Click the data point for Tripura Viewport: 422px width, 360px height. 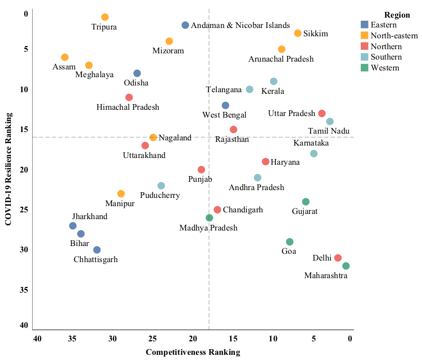click(x=105, y=17)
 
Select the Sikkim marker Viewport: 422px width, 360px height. click(x=298, y=33)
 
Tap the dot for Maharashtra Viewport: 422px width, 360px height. click(x=346, y=266)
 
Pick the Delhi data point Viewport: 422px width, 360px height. click(x=338, y=258)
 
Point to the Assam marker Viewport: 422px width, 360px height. click(x=65, y=57)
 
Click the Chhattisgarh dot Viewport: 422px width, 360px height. click(x=97, y=250)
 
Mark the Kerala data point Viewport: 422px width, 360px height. click(x=274, y=81)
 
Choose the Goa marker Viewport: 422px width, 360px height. click(x=290, y=242)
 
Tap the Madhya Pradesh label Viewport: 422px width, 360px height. click(x=208, y=228)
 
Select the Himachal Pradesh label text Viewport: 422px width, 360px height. click(x=128, y=107)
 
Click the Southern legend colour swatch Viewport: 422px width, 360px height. click(x=365, y=57)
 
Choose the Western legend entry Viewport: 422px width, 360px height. click(x=385, y=68)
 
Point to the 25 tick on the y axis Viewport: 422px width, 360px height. click(x=23, y=210)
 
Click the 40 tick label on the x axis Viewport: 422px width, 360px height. click(x=37, y=339)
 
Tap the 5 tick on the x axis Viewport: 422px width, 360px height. click(x=314, y=339)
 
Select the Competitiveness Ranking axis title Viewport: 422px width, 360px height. click(x=193, y=353)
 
